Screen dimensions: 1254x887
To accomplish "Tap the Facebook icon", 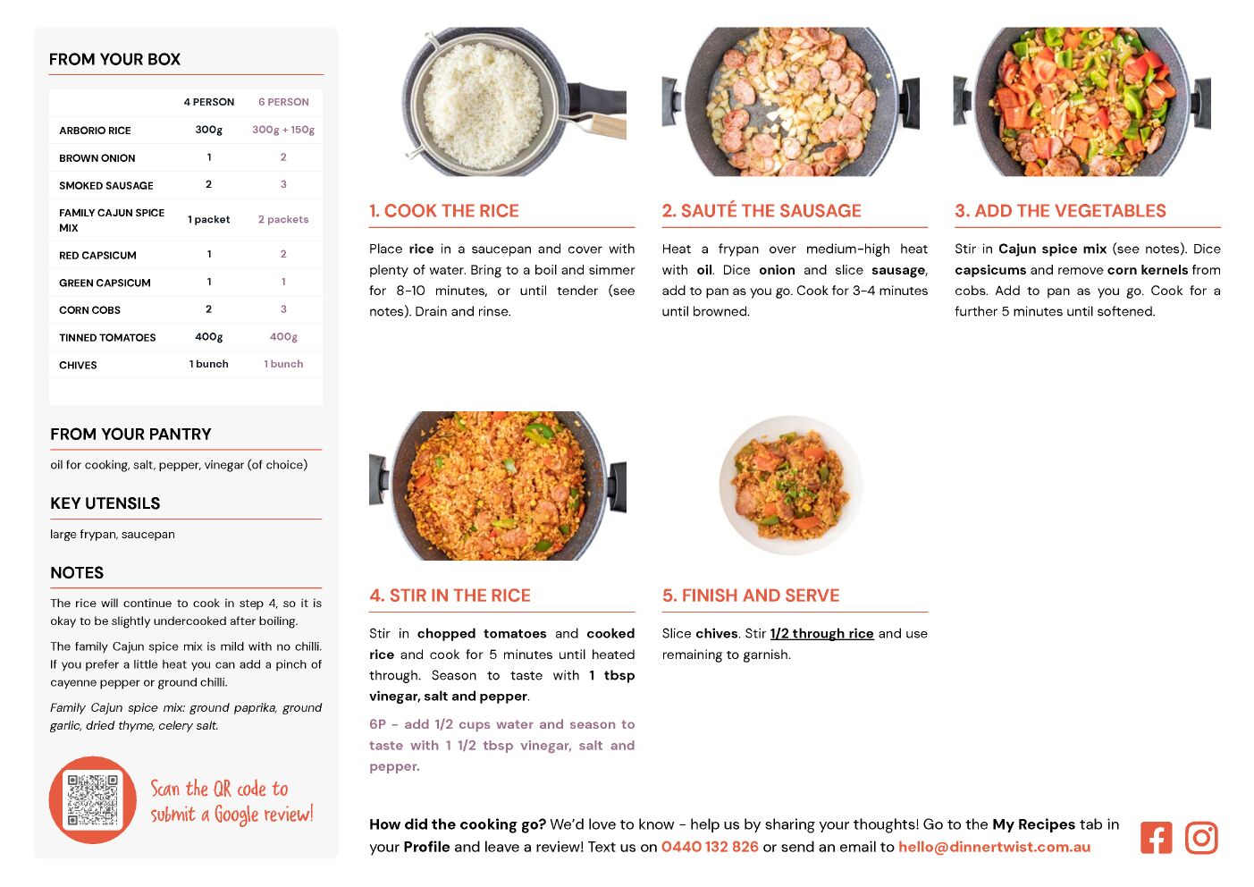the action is click(x=1156, y=838).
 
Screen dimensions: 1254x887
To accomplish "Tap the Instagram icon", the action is click(x=1201, y=838).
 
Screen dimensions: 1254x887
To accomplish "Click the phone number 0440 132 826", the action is click(x=710, y=847).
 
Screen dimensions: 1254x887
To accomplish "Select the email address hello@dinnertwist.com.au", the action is click(x=994, y=847).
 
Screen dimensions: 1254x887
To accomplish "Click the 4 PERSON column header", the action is click(x=209, y=102).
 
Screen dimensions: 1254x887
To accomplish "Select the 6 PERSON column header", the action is click(x=283, y=102).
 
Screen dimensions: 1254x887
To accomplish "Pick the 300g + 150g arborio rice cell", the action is click(x=283, y=130).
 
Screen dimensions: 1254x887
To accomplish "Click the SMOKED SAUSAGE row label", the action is click(x=105, y=185).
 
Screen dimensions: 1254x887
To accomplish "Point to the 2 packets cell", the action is click(x=283, y=219).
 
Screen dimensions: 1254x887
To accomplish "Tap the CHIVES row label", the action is click(x=78, y=365).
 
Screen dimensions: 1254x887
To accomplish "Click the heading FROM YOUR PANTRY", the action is click(x=130, y=434).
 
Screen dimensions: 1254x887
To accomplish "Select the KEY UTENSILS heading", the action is click(x=105, y=503).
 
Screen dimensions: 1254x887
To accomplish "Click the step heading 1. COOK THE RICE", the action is click(x=444, y=210).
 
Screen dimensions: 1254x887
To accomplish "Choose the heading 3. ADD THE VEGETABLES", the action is click(x=1060, y=210).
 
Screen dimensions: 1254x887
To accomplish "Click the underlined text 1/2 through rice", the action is click(x=821, y=634).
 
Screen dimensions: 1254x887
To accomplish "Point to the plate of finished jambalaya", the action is click(x=790, y=485).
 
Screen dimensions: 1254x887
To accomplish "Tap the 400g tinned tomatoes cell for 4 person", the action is click(x=209, y=337).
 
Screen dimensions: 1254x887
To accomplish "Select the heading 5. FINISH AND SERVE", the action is click(x=751, y=596).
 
